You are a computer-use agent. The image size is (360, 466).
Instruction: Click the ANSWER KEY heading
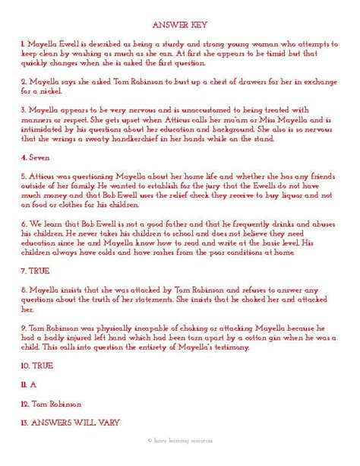click(179, 24)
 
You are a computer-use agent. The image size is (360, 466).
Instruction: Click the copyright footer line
click(179, 440)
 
